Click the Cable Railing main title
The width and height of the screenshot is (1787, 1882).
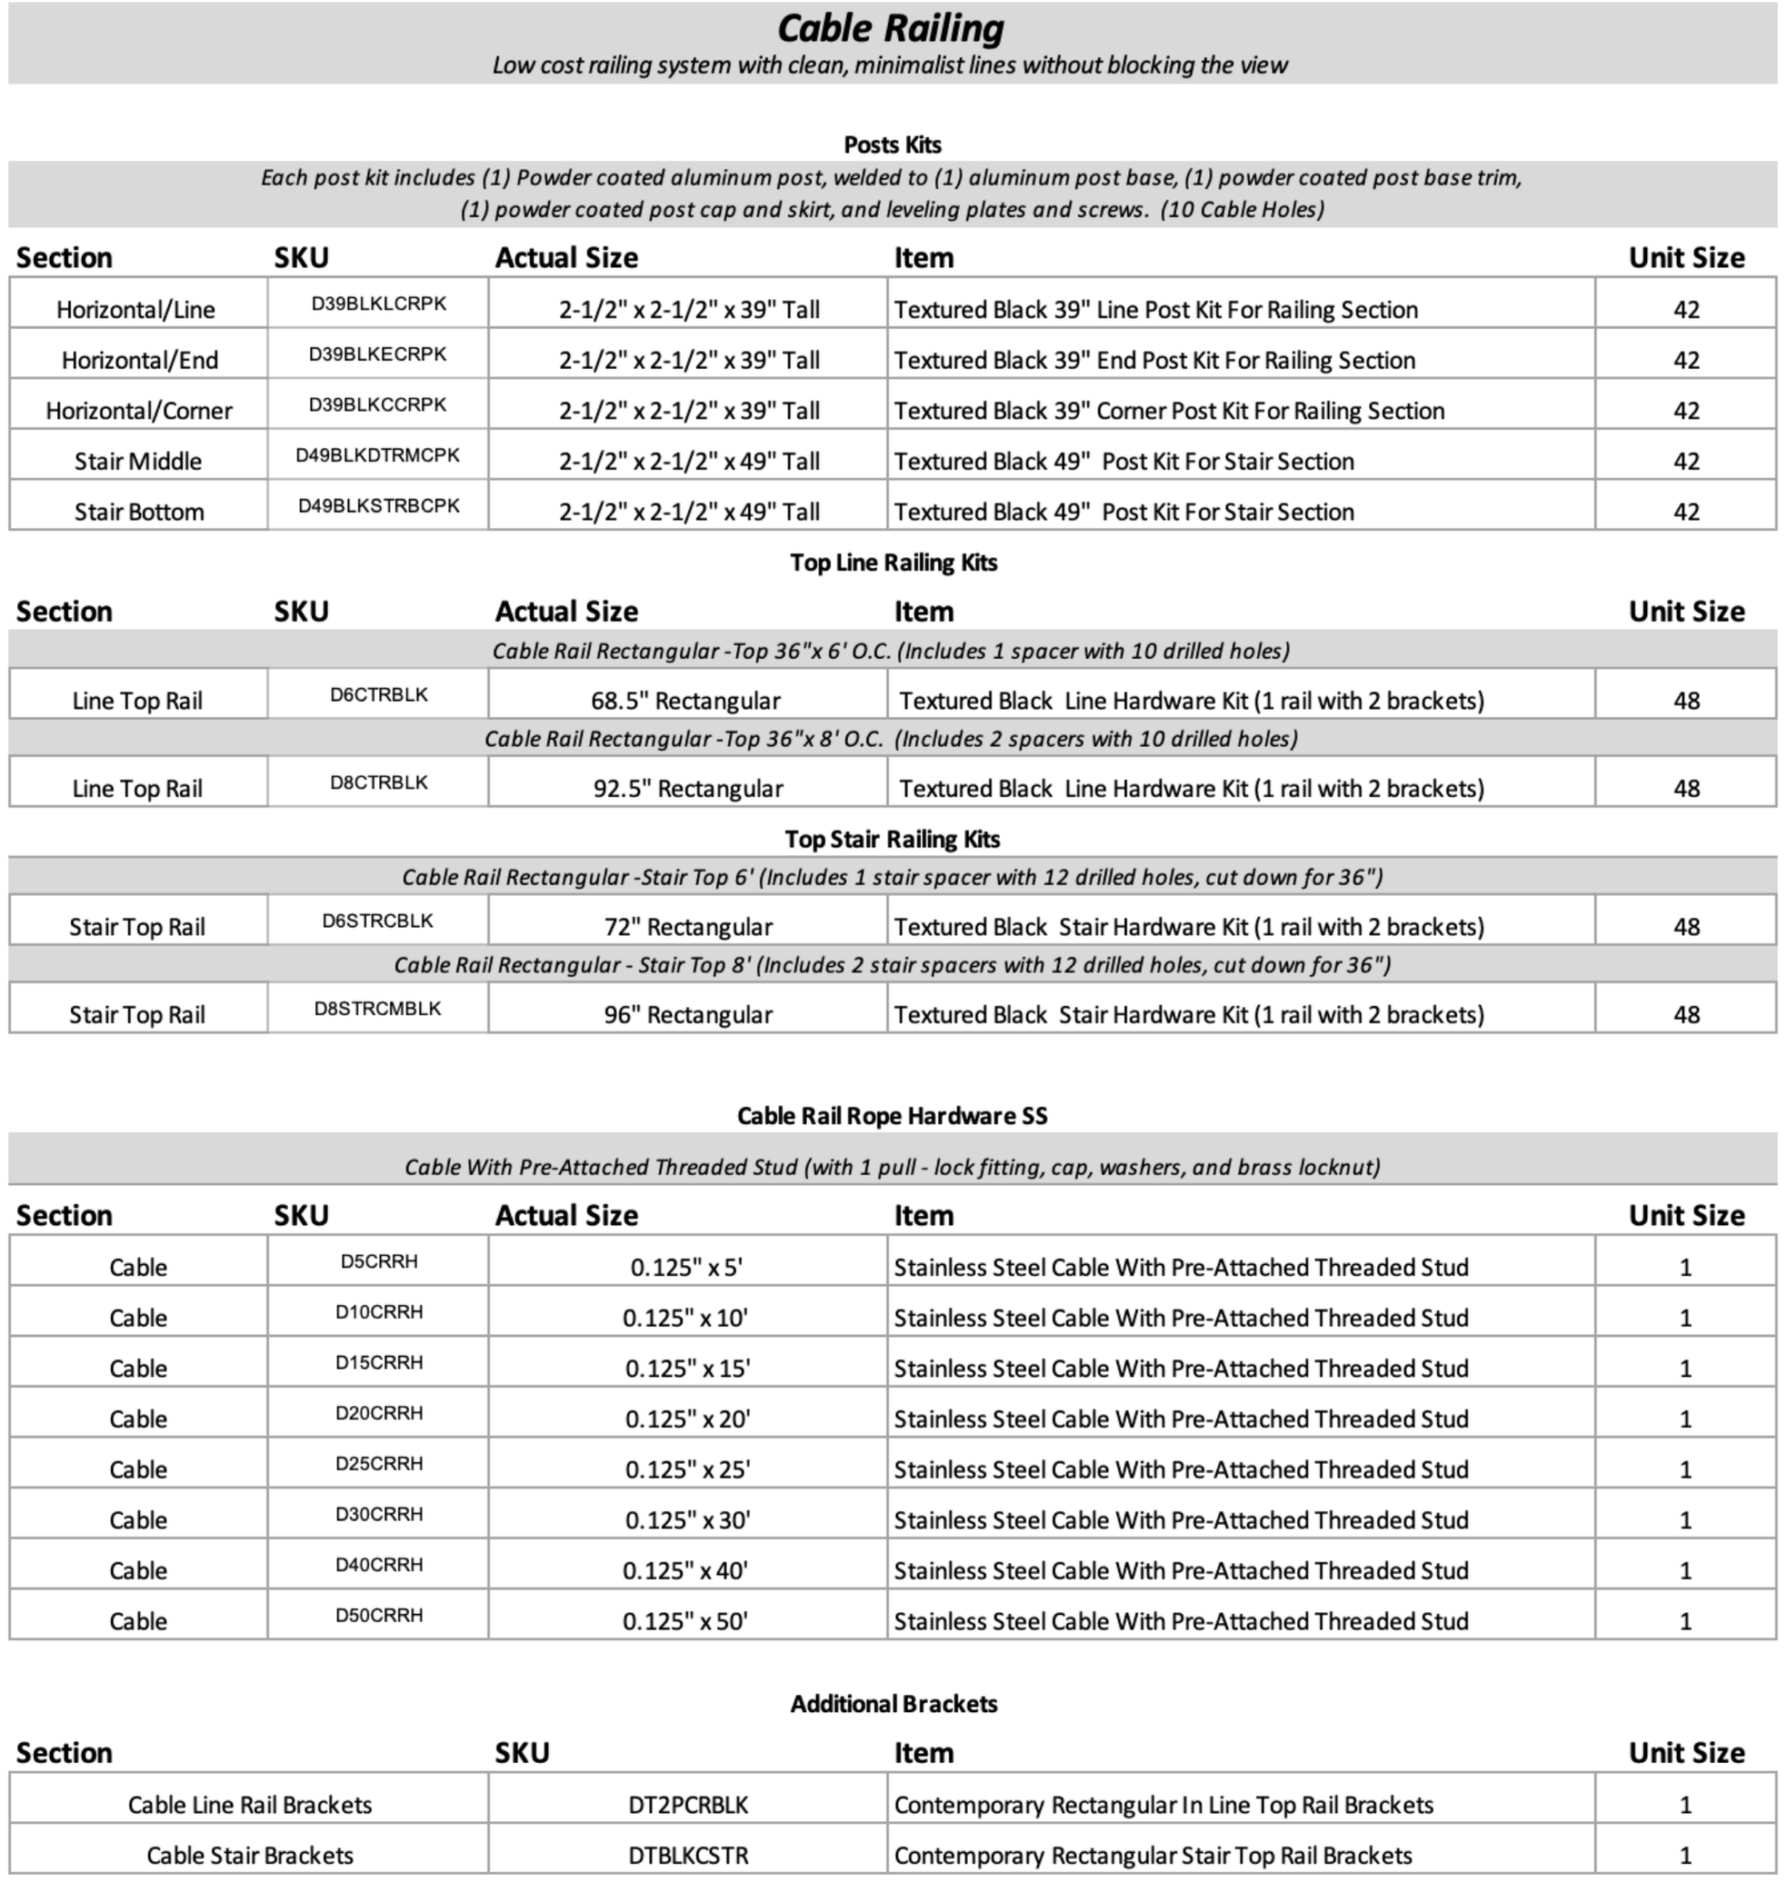[x=891, y=28]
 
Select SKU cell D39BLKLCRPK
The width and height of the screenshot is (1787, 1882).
[x=378, y=304]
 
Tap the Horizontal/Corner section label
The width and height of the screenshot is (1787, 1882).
[x=139, y=411]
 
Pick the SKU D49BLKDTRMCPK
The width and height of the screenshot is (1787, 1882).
[x=377, y=455]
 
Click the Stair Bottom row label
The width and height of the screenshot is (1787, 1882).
[x=139, y=512]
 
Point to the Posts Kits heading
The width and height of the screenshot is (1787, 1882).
[x=893, y=144]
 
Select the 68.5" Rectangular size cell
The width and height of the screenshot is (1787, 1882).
[x=686, y=701]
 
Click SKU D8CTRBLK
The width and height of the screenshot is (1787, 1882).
[x=378, y=783]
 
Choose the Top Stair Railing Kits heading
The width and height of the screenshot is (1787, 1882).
[x=893, y=839]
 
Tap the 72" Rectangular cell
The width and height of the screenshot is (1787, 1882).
[x=688, y=927]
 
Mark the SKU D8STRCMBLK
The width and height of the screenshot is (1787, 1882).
[x=377, y=1009]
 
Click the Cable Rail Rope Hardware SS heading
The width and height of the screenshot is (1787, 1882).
[x=893, y=1116]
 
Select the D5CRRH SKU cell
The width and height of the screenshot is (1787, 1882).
[x=378, y=1262]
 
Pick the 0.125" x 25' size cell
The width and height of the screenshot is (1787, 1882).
[x=688, y=1469]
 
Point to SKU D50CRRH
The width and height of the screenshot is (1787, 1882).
[x=378, y=1616]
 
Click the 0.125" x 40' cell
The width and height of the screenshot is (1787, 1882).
[x=686, y=1570]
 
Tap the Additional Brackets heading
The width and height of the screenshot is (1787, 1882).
[x=893, y=1704]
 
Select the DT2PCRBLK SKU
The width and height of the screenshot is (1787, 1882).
[x=688, y=1805]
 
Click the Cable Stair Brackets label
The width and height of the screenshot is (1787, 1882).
[x=250, y=1856]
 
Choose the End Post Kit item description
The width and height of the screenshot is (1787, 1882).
[x=1154, y=360]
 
